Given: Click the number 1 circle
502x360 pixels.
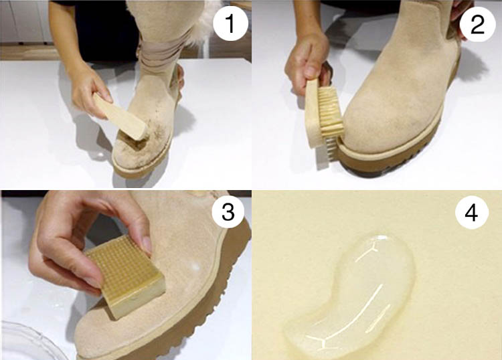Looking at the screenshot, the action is (x=230, y=23).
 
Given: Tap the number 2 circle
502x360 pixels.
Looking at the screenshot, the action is (x=477, y=24).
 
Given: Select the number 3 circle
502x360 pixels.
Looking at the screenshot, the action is (x=228, y=211).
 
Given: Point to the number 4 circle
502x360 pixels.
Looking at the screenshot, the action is (x=472, y=213).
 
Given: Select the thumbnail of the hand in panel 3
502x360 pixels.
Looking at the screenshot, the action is (x=147, y=244).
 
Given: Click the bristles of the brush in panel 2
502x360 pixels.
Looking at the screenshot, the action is (x=331, y=118).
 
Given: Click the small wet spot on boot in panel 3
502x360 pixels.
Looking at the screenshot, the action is (x=194, y=266).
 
